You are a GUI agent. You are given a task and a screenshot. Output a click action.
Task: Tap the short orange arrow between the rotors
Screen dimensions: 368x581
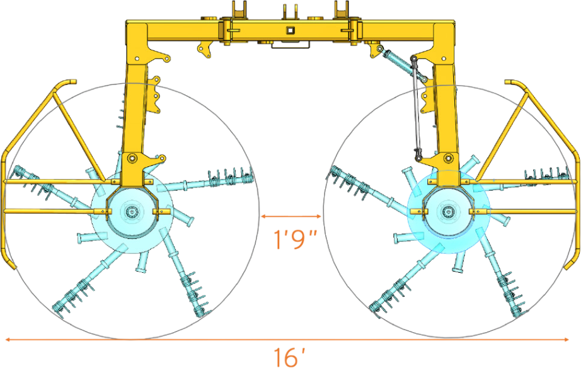point(291,216)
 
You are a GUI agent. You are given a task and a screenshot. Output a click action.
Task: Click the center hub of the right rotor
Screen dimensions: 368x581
point(448,210)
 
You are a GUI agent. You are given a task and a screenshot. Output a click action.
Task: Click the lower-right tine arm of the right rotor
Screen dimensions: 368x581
point(504,277)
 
